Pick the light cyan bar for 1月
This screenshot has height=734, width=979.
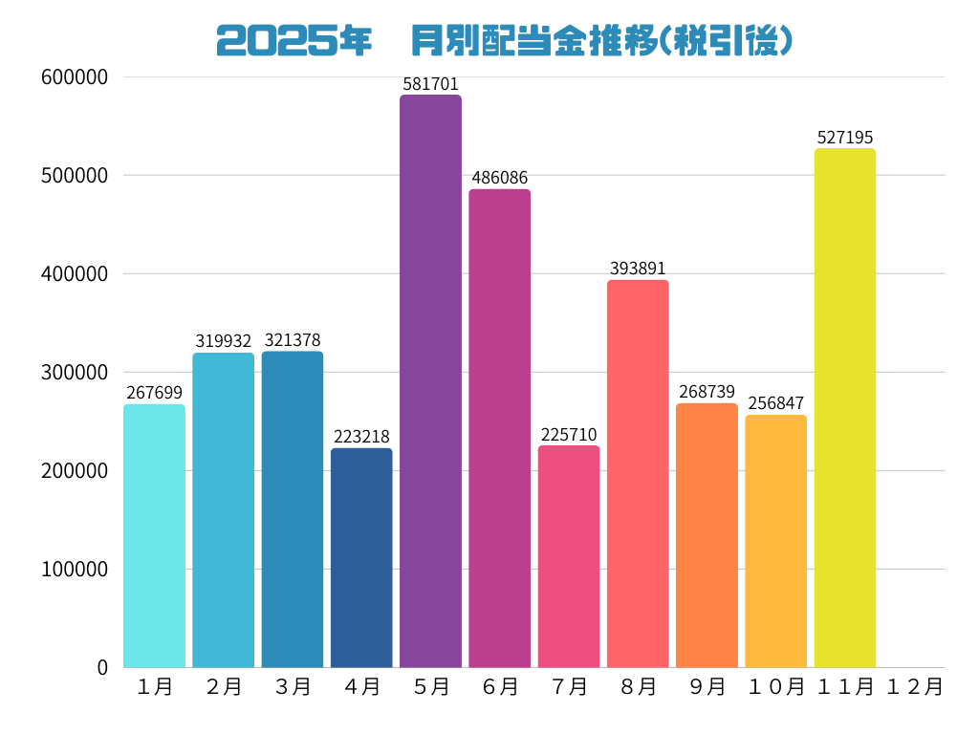154,535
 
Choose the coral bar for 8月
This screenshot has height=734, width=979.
638,473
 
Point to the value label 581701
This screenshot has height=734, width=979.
430,84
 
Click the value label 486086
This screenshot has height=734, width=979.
499,178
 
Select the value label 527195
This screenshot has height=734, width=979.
845,138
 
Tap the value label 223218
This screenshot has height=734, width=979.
361,437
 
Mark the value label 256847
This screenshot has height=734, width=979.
775,403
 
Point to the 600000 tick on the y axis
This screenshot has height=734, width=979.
75,77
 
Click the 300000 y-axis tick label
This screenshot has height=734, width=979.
75,373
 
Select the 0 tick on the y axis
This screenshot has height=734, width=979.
102,667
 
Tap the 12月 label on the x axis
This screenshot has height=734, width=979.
914,686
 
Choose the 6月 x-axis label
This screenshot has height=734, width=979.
499,686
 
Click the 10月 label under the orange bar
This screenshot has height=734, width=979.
775,686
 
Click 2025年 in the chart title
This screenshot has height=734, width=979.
294,41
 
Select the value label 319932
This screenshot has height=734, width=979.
223,341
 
